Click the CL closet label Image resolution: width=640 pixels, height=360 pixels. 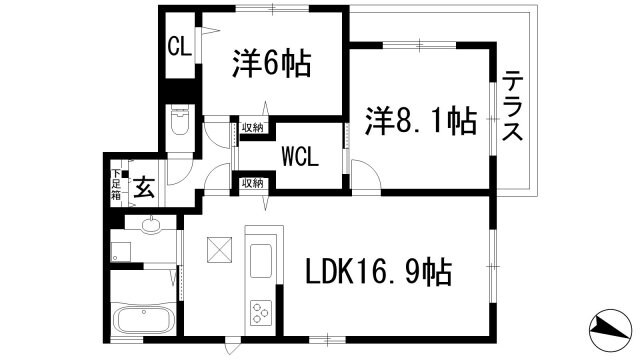tap(179, 46)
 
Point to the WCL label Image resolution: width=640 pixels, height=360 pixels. tap(300, 157)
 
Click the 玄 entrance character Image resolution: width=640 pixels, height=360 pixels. tap(144, 187)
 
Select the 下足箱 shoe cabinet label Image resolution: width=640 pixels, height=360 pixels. tap(116, 187)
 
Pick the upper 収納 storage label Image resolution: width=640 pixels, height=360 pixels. tap(252, 127)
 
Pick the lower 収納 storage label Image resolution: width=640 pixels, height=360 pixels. tap(252, 183)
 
